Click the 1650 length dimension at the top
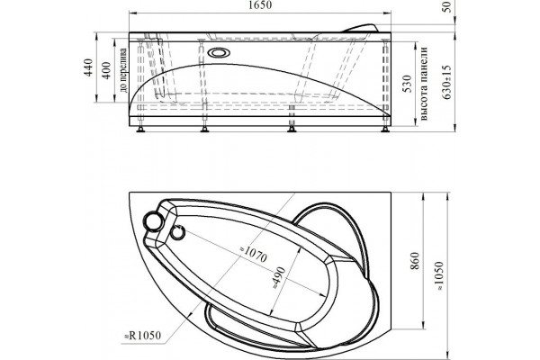pyautogui.click(x=261, y=5)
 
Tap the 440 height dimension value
pyautogui.click(x=89, y=67)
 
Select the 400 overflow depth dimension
pyautogui.click(x=107, y=70)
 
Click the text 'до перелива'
pyautogui.click(x=123, y=70)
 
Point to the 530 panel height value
pyautogui.click(x=408, y=84)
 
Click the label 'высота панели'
pyautogui.click(x=424, y=84)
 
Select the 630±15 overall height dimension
pyautogui.click(x=447, y=82)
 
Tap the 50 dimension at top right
pyautogui.click(x=446, y=6)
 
